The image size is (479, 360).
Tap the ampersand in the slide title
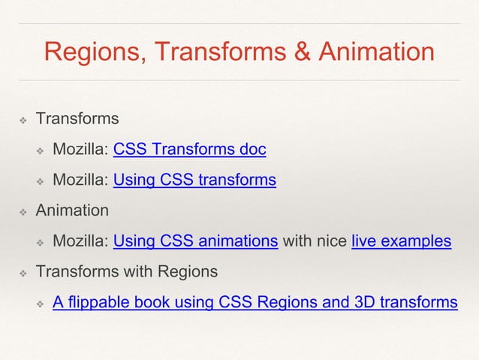pos(305,53)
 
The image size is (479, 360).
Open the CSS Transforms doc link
pos(189,150)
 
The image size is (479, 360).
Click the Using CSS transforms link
pos(194,180)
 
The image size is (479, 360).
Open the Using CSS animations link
pos(195,241)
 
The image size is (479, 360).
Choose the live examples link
pos(401,241)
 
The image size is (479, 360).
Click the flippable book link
pos(255,302)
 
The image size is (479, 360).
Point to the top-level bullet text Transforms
pos(77,119)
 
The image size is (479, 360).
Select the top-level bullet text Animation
pos(72,210)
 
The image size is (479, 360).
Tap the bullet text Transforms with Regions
pos(127,271)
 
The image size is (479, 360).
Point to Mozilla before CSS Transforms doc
pos(80,150)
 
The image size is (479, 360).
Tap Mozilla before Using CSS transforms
pos(80,180)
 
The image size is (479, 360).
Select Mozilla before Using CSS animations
pos(80,241)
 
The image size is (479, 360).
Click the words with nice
pos(315,241)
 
